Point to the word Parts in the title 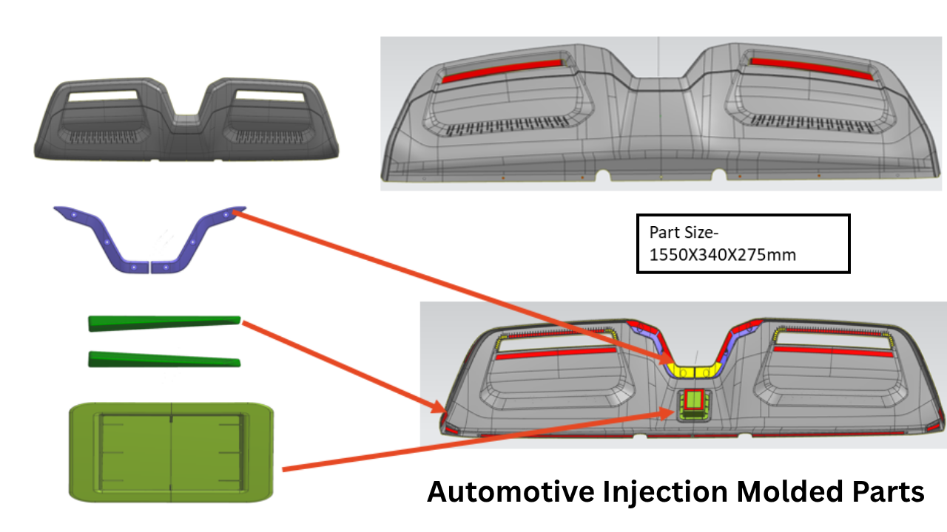(886, 492)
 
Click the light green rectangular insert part (171, 451)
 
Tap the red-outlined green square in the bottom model (694, 400)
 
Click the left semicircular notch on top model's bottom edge (603, 176)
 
